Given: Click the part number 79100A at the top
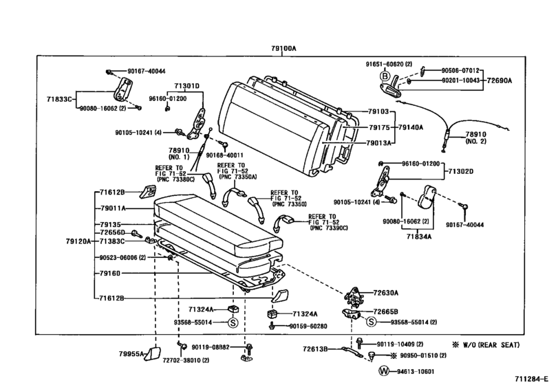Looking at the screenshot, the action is click(x=283, y=49).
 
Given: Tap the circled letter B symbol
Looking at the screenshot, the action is click(x=385, y=76).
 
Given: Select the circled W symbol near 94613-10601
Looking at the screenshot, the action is click(x=384, y=371).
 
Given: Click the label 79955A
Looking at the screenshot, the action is click(x=131, y=353).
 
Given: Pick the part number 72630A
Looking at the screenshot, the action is click(x=386, y=293).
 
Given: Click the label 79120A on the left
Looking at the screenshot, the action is click(x=78, y=241).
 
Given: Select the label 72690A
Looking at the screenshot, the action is click(x=500, y=80).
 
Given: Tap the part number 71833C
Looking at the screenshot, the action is click(x=59, y=99).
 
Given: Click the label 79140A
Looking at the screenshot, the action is click(x=411, y=127).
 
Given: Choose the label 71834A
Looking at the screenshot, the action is click(x=419, y=236).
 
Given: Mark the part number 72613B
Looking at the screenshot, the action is click(x=315, y=349).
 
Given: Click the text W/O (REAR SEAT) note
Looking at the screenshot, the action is click(x=486, y=345).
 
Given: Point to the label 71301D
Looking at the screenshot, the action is click(x=187, y=86).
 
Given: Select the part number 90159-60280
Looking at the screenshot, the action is click(x=308, y=326).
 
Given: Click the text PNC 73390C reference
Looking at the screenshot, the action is click(x=330, y=228).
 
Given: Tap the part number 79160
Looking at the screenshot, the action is click(x=110, y=273).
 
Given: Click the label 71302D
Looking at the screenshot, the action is click(x=461, y=171).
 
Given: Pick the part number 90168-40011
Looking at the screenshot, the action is click(x=224, y=155).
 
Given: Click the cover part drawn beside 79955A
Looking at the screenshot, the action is click(x=152, y=353).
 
